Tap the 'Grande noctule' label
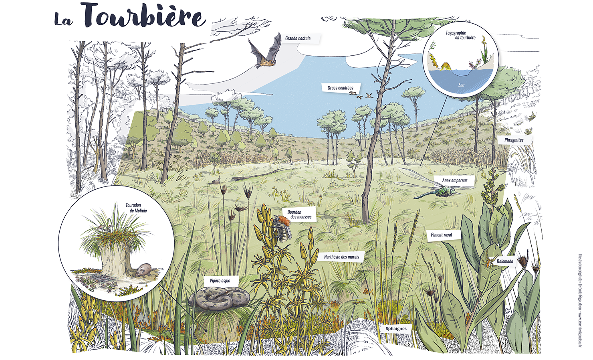coord(298,38)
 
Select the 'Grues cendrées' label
coord(340,88)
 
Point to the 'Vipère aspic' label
coord(220,281)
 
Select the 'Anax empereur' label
coord(454,181)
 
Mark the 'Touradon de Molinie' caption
coord(136,208)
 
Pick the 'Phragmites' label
coord(514,140)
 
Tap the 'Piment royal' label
coord(441,235)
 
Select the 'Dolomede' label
coord(504,261)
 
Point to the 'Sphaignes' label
coord(396,329)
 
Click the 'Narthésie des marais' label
coord(341,257)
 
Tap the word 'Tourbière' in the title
coord(145,15)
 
